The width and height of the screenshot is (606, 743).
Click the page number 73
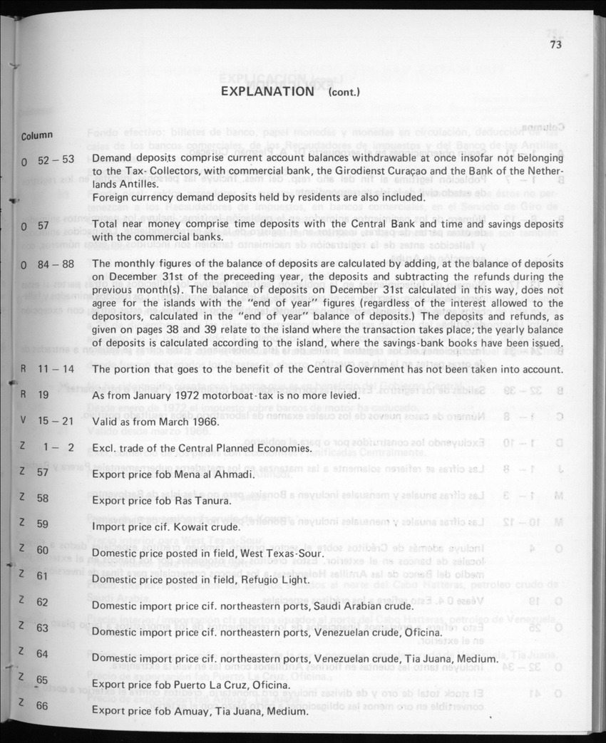pos(557,44)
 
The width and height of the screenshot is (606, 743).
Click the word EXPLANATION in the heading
pos(267,91)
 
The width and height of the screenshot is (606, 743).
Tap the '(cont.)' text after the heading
pos(344,93)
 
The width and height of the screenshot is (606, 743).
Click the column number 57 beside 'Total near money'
pos(43,225)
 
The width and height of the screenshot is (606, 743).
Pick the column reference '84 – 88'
pos(56,264)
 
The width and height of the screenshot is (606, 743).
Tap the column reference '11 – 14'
pos(53,369)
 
